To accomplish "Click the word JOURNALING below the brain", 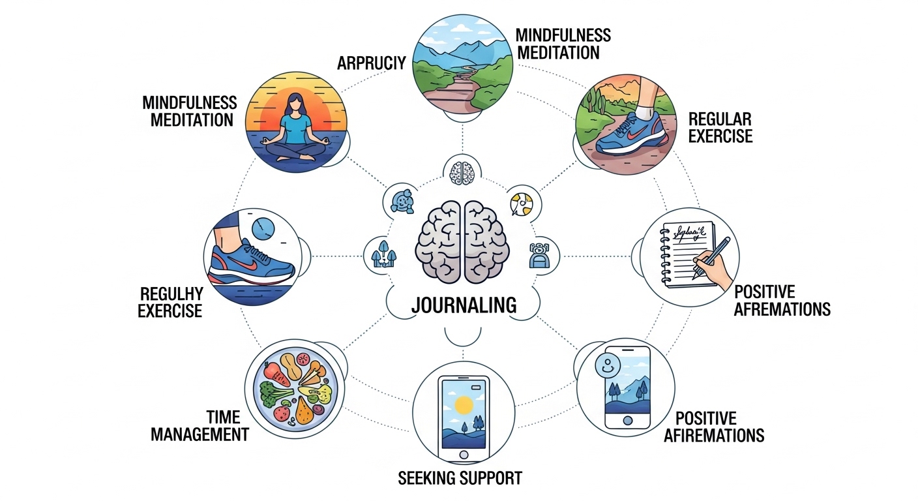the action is pyautogui.click(x=464, y=305).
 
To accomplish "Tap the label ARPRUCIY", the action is pyautogui.click(x=372, y=63).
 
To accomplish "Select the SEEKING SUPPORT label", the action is pyautogui.click(x=460, y=478).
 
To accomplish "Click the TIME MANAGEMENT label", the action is pyautogui.click(x=200, y=425).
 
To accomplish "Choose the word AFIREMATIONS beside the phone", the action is pyautogui.click(x=714, y=434).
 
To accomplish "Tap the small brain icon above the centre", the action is pyautogui.click(x=462, y=172).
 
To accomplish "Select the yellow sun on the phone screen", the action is pyautogui.click(x=464, y=405).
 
